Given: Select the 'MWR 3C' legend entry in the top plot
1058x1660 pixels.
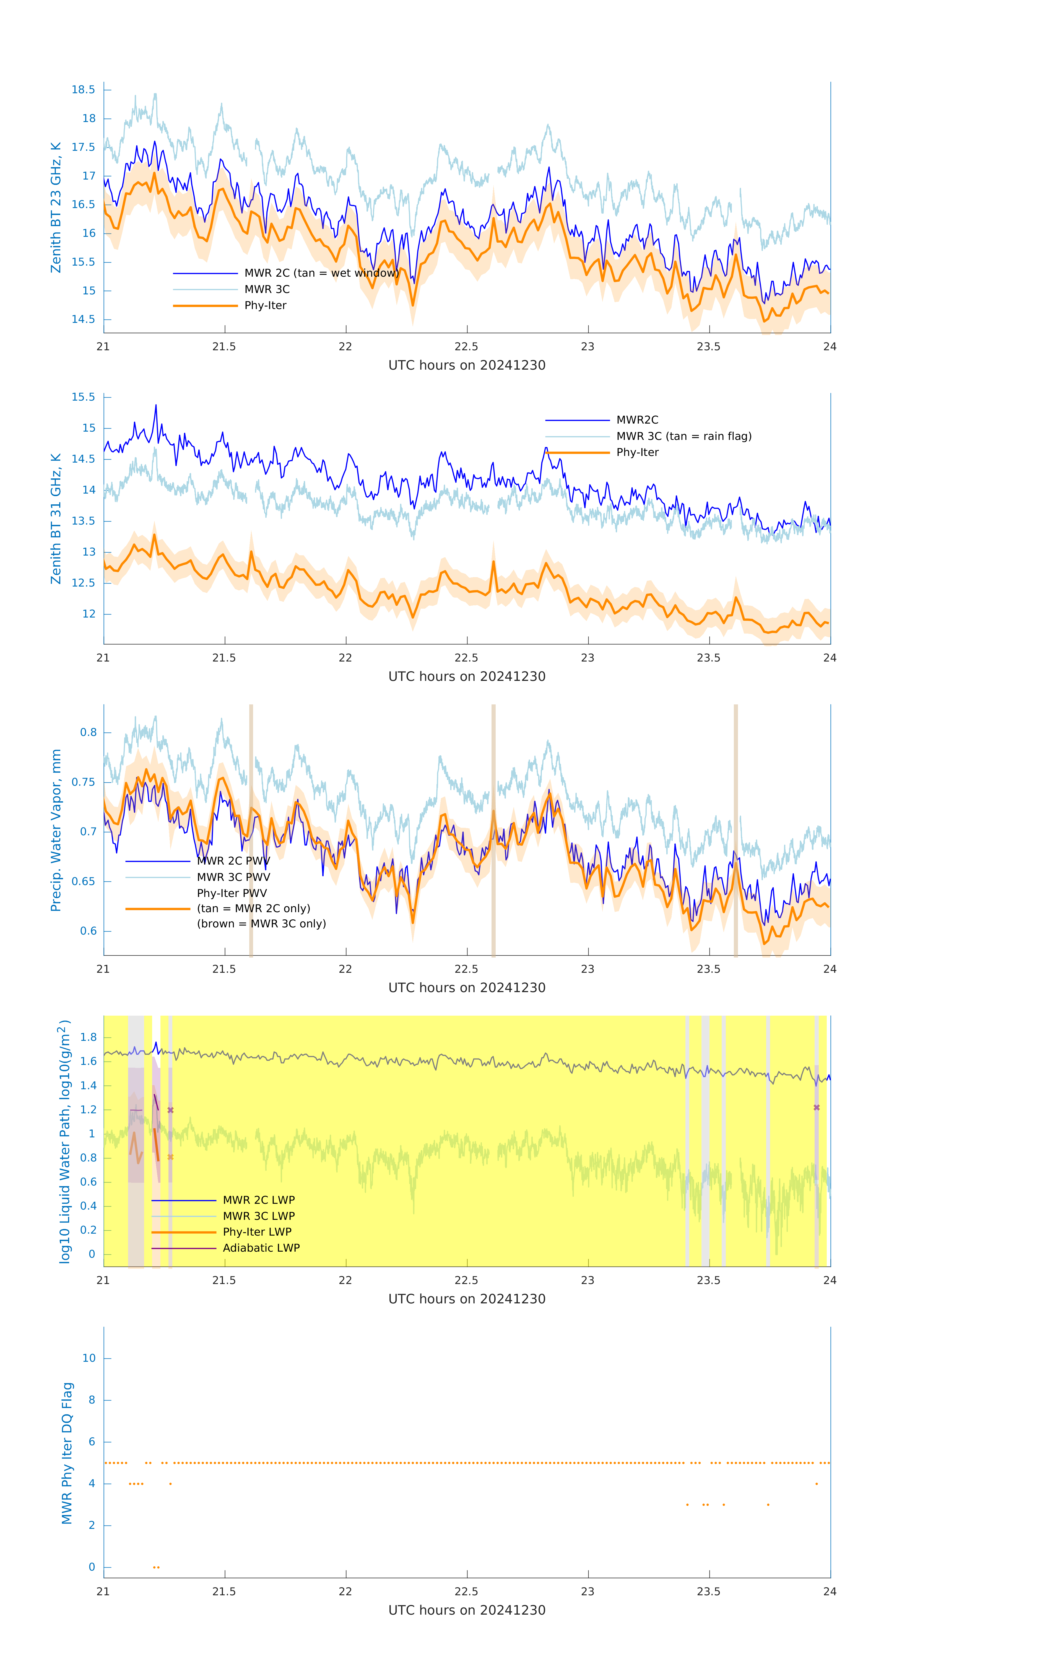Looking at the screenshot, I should point(267,290).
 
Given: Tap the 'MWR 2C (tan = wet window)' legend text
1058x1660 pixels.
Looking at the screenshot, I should point(321,273).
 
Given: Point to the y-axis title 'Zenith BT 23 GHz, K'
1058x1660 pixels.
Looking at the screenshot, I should point(56,207).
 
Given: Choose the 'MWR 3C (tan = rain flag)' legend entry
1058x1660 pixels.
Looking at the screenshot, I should point(683,436).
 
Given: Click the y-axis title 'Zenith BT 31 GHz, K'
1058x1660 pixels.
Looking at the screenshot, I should point(56,518).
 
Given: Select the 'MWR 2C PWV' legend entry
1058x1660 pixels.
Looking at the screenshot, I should point(233,861).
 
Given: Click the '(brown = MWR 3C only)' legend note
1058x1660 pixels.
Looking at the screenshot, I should point(261,924).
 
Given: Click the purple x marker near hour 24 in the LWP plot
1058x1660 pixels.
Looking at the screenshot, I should point(817,1108).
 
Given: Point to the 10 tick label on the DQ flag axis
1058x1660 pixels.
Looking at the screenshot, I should point(89,1359).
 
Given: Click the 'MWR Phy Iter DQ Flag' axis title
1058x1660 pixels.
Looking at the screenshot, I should point(67,1454).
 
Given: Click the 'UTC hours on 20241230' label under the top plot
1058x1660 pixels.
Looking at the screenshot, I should point(467,365).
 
